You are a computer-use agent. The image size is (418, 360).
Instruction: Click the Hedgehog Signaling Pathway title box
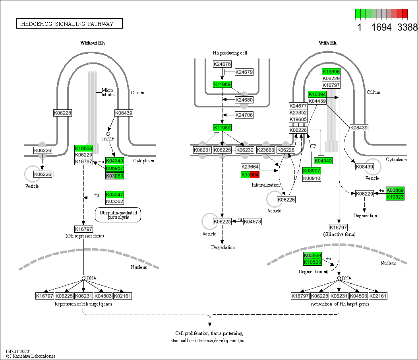[69, 24]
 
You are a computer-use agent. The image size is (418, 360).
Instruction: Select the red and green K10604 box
[250, 175]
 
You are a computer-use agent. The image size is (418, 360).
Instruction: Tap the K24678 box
[222, 64]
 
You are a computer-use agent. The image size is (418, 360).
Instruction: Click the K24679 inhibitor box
[244, 72]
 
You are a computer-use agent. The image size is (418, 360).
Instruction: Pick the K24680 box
[244, 100]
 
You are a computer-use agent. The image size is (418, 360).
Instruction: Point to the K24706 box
[244, 115]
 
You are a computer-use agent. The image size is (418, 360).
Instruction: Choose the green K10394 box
[317, 94]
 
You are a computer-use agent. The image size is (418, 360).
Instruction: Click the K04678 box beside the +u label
[252, 222]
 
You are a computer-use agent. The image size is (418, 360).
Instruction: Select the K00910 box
[312, 178]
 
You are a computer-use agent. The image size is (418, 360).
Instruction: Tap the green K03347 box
[114, 195]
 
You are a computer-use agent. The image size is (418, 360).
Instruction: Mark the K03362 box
[114, 201]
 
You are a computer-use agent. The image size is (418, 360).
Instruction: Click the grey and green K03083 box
[114, 175]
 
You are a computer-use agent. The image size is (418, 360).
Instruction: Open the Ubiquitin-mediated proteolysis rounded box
[118, 215]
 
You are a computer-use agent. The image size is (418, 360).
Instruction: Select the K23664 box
[250, 167]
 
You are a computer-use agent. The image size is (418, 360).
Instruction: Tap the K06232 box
[245, 150]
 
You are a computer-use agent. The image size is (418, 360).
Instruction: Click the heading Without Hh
[93, 43]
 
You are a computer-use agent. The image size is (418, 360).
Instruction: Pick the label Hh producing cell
[230, 53]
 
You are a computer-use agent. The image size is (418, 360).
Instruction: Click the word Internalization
[265, 185]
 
